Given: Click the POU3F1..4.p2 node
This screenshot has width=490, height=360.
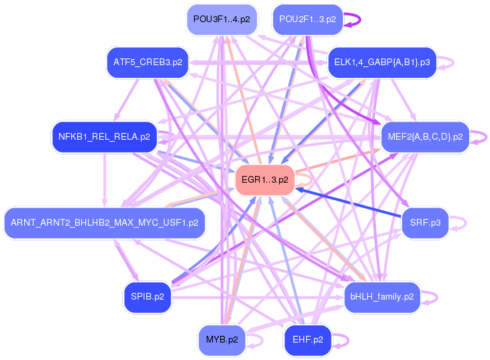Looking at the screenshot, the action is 221,19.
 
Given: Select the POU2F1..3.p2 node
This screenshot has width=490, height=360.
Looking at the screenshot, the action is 307,19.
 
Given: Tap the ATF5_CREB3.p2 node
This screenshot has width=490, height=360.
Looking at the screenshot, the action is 148,62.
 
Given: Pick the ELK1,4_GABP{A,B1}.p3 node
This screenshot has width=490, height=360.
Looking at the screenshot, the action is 381,62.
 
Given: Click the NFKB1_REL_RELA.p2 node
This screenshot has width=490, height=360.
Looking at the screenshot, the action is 104,137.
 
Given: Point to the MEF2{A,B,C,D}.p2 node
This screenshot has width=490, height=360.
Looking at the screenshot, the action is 425,137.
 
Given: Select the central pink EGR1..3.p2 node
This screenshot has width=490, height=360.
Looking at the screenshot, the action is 264,180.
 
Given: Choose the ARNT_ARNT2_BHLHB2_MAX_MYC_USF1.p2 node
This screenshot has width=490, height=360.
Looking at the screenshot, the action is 104,222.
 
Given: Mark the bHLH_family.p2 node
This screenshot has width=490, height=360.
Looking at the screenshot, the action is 382,296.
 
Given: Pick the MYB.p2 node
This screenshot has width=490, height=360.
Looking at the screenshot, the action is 221,340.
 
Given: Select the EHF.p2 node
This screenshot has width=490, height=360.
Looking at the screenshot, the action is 307,340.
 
